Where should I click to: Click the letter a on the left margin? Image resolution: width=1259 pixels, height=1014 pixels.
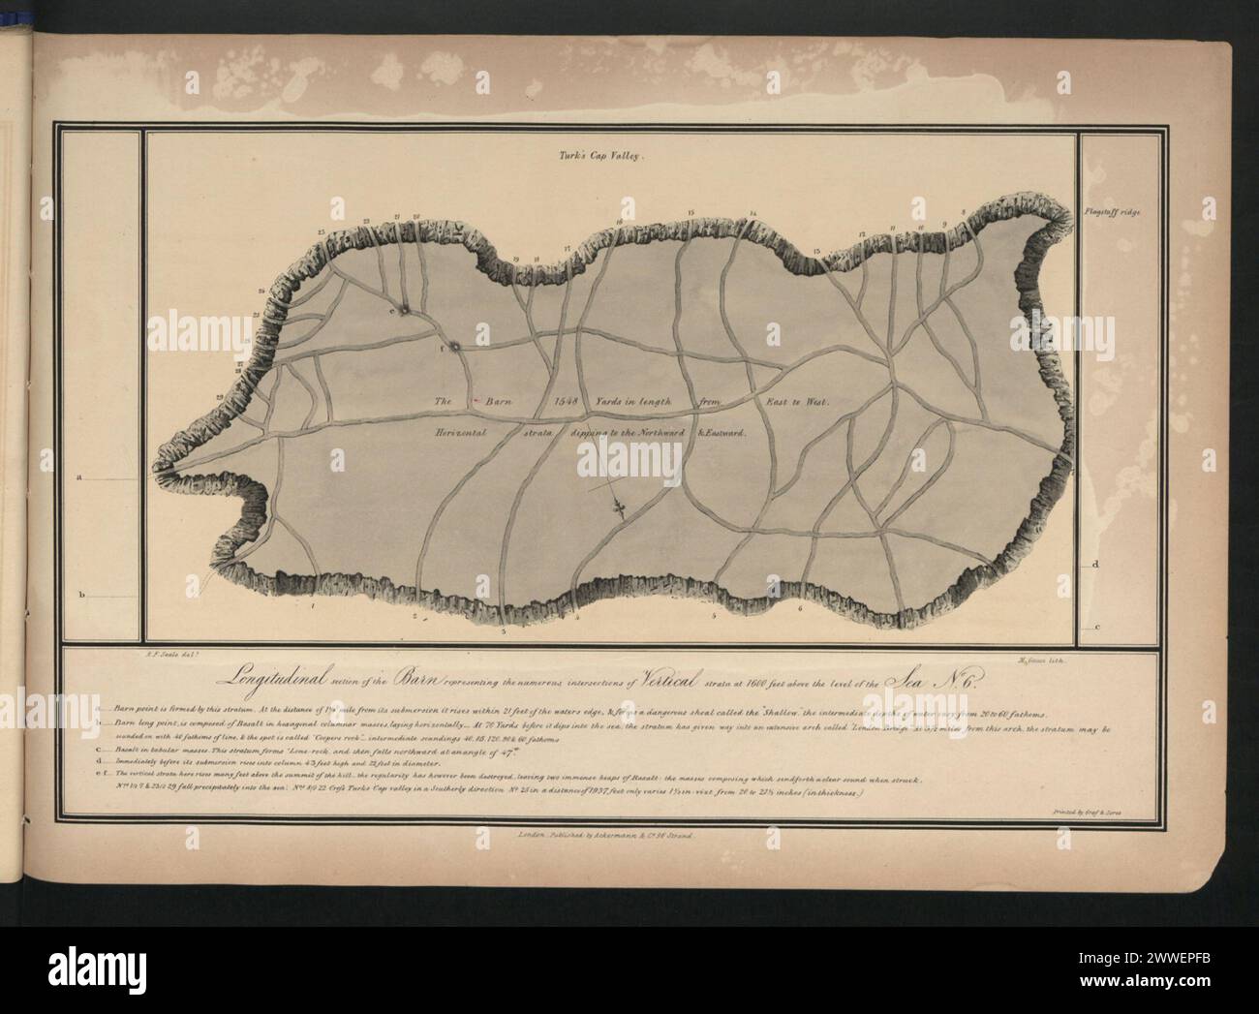[x=81, y=477]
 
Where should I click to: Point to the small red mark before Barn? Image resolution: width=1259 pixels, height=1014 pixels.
[x=475, y=400]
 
